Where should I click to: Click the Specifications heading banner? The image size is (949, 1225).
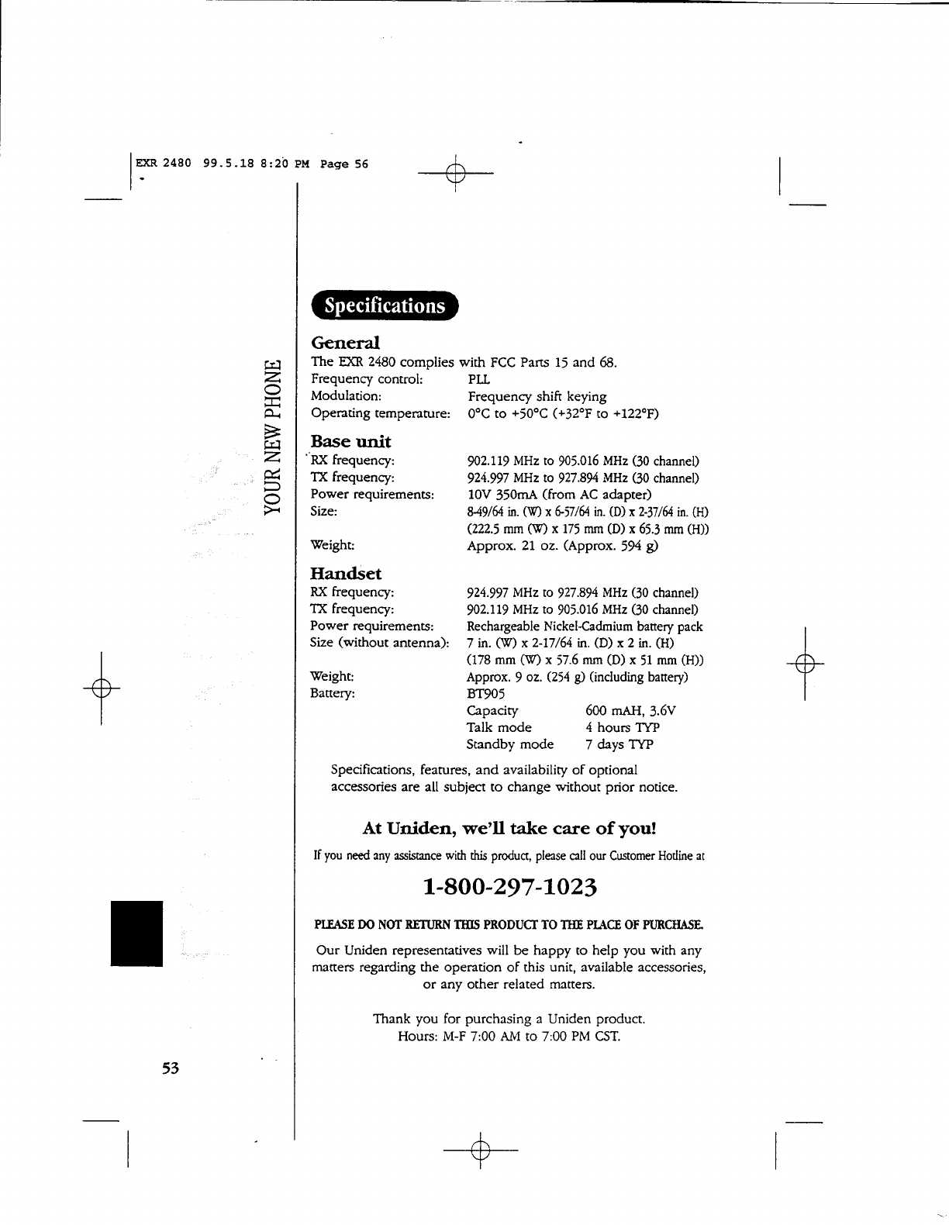[x=385, y=305]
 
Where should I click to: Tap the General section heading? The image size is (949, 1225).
[x=345, y=343]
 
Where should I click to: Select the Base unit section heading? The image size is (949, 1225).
[x=350, y=442]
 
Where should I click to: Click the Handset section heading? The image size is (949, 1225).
[x=346, y=574]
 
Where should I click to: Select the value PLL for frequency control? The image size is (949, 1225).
[x=479, y=379]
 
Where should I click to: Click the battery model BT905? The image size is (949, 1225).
[x=486, y=694]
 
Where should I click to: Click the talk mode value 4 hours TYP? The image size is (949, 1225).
[x=623, y=728]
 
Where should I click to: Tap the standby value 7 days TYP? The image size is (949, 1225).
[x=619, y=745]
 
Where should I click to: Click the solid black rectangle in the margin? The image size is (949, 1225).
[x=136, y=933]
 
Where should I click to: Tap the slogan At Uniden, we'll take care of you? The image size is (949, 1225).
[x=509, y=828]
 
